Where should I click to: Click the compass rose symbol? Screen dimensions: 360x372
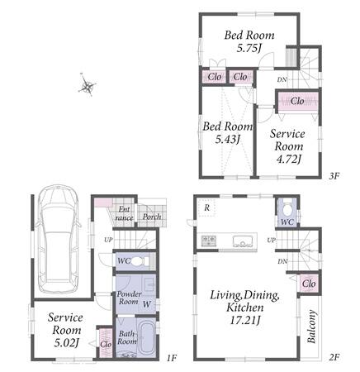[x=88, y=85]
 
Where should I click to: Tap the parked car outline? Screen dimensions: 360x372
[x=59, y=239]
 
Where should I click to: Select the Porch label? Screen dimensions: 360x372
[x=152, y=217]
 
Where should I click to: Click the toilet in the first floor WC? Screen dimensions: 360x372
[x=140, y=260]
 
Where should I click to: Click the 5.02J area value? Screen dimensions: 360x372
[x=67, y=343]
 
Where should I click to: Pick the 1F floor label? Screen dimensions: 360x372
[x=171, y=358]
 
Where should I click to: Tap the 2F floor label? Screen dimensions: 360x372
[x=334, y=358]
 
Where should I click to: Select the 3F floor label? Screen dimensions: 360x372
[x=334, y=176]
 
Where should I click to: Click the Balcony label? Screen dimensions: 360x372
[x=311, y=327]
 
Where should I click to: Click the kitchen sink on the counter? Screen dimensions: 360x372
[x=243, y=241]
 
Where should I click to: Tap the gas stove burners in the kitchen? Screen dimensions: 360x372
[x=209, y=241]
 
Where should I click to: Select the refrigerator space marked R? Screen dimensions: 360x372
[x=207, y=207]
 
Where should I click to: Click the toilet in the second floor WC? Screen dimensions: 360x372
[x=287, y=210]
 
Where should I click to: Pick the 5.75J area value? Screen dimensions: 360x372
[x=249, y=49]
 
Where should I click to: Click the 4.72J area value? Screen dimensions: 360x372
[x=288, y=159]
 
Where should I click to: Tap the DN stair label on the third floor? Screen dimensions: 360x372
[x=282, y=80]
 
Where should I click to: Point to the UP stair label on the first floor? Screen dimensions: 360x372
[x=108, y=240]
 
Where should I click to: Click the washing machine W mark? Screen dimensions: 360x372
[x=147, y=304]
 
